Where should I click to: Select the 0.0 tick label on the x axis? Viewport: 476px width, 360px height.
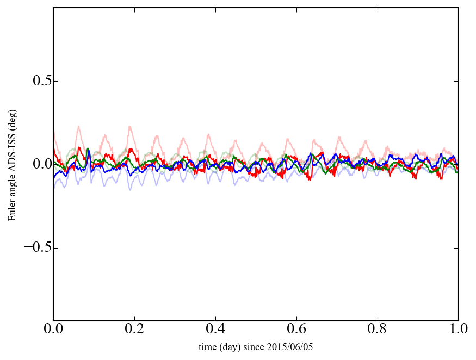(53, 330)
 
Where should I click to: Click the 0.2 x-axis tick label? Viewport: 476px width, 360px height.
(134, 330)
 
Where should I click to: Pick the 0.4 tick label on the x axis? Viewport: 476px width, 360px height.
(215, 330)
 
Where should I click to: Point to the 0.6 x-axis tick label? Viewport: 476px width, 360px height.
(296, 330)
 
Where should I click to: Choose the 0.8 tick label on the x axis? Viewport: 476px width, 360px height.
(377, 330)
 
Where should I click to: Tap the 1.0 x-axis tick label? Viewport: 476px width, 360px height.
(458, 330)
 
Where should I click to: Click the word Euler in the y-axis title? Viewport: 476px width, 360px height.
(12, 210)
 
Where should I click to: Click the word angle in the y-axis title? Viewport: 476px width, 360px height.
(12, 185)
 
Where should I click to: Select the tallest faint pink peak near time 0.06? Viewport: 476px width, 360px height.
(79, 127)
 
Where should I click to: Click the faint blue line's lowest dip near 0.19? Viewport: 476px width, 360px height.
(130, 189)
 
